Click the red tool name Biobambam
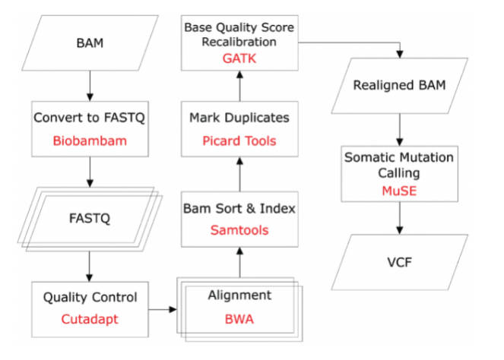90,141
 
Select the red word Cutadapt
90,319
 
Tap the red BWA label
239,319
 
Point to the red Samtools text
239,230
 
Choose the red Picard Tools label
239,141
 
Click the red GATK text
239,58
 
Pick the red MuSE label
399,191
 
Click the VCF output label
399,262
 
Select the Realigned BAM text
399,85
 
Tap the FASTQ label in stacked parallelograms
90,219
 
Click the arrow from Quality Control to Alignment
163,310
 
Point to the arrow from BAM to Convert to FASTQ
90,86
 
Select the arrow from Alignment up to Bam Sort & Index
239,262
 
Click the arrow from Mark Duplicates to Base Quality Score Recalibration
239,86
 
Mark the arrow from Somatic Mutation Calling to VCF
400,218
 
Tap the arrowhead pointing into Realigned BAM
400,54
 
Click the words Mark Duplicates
239,118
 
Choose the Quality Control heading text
90,297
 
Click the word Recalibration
239,42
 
